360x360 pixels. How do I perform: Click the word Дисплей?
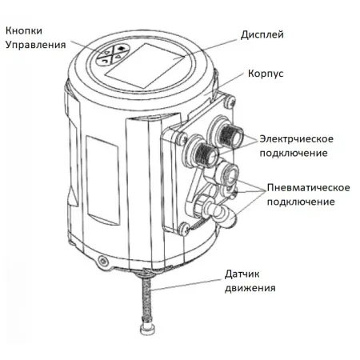coord(262,35)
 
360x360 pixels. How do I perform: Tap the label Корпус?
coord(266,74)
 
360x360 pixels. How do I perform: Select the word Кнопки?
coord(24,30)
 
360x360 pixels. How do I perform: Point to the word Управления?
coord(35,45)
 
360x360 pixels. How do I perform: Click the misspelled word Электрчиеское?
coord(297,139)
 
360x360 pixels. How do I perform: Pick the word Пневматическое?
coord(309,187)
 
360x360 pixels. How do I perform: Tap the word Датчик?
coord(242,274)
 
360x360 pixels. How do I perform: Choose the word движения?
coord(250,288)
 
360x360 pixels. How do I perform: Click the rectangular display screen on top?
coord(145,66)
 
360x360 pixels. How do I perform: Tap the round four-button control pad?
coord(113,54)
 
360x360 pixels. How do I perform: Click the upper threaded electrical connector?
coord(231,134)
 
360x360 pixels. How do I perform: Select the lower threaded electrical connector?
coord(206,154)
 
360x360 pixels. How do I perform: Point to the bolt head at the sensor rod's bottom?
coord(147,330)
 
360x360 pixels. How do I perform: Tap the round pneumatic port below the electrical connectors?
coord(230,174)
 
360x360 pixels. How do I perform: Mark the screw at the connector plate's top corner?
coord(230,102)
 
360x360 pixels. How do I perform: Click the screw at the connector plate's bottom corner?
coord(184,229)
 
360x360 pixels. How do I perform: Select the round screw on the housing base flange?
coord(102,261)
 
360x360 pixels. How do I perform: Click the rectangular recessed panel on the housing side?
coord(102,180)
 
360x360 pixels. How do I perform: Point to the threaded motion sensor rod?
coord(146,299)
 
